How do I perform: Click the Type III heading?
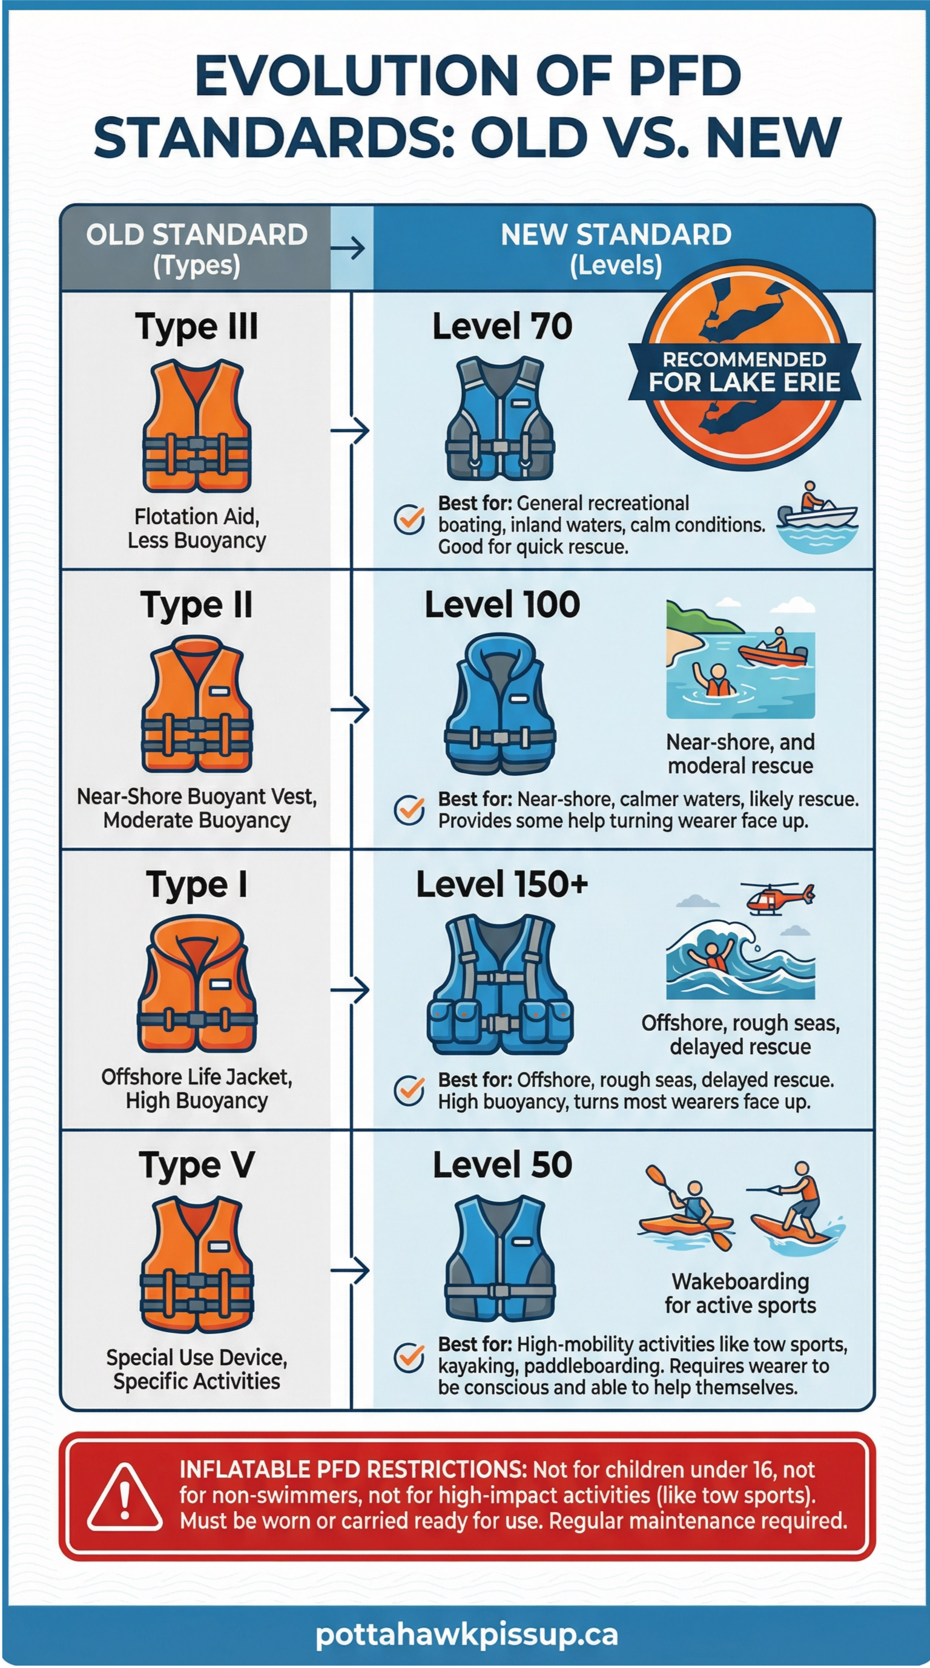(196, 326)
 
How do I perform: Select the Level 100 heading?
(502, 605)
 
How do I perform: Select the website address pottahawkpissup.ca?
(466, 1634)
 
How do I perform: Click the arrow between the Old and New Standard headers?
(351, 248)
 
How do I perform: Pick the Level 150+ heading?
(502, 884)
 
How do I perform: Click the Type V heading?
(196, 1166)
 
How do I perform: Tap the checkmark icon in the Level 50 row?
(409, 1358)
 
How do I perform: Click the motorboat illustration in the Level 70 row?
(817, 516)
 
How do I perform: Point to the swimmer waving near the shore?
(715, 680)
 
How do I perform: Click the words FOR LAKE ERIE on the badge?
(744, 382)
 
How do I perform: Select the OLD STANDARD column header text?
(196, 235)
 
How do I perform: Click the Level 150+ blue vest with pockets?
(500, 984)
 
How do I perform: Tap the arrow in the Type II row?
(351, 710)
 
